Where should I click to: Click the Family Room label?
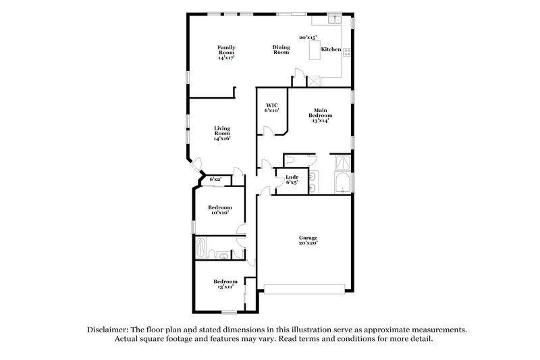point(225,52)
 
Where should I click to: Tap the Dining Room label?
point(281,49)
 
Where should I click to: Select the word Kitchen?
point(330,49)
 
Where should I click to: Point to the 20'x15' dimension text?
point(309,38)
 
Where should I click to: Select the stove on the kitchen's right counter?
point(347,51)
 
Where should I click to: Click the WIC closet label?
point(272,107)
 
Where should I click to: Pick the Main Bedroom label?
point(321,115)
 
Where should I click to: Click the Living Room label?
point(222,132)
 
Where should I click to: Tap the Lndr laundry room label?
point(292,179)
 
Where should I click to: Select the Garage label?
point(308,240)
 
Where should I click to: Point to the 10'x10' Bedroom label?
point(219,209)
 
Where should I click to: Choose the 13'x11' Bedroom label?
point(225,284)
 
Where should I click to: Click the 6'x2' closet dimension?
point(216,179)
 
